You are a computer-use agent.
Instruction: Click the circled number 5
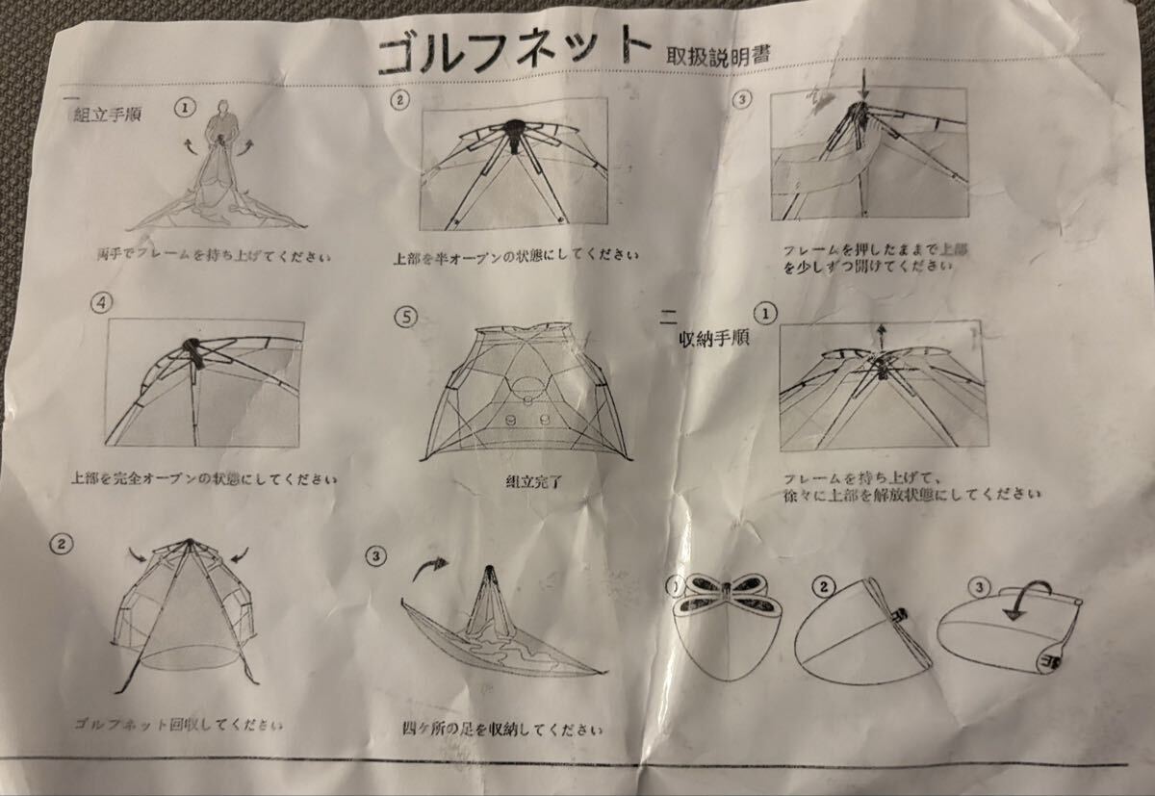(x=406, y=317)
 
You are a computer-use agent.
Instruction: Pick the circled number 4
(x=100, y=302)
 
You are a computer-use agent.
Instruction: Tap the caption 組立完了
(x=534, y=477)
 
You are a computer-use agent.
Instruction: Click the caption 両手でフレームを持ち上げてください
(x=213, y=257)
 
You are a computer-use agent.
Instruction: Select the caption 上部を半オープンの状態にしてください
(x=516, y=257)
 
